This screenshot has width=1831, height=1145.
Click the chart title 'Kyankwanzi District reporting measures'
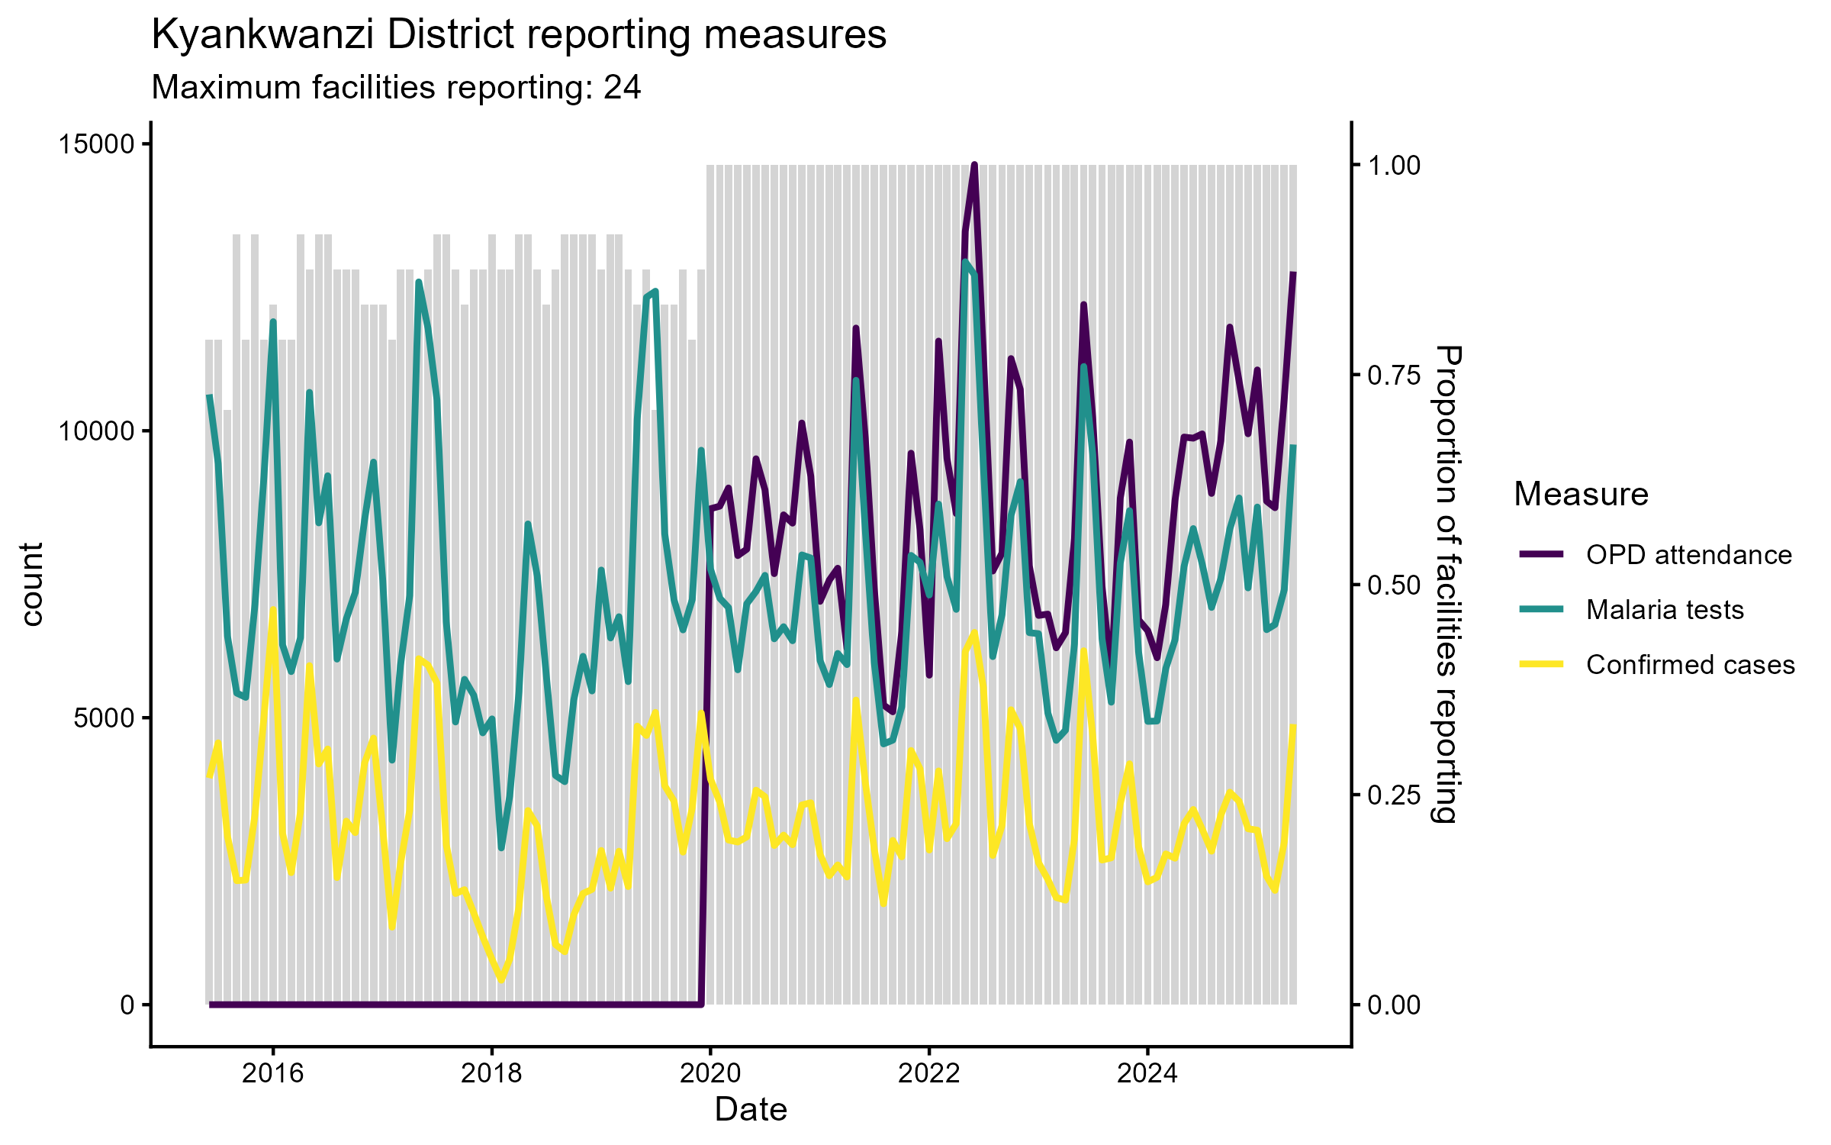pyautogui.click(x=519, y=35)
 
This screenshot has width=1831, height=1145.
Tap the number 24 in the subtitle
pyautogui.click(x=622, y=88)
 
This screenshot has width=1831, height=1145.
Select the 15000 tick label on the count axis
pyautogui.click(x=96, y=144)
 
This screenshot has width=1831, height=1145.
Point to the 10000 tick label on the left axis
pyautogui.click(x=96, y=431)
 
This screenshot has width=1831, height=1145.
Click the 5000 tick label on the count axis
pyautogui.click(x=104, y=718)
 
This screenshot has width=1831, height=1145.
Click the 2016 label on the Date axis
pyautogui.click(x=272, y=1073)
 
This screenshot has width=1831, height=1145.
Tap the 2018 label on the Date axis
pyautogui.click(x=491, y=1073)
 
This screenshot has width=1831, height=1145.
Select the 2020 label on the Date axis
pyautogui.click(x=710, y=1073)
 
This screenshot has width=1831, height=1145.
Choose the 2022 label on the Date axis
pyautogui.click(x=928, y=1073)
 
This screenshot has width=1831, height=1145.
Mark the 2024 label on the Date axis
pyautogui.click(x=1147, y=1073)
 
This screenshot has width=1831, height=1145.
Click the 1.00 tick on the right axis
pyautogui.click(x=1394, y=166)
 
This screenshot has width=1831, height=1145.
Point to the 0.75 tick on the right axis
pyautogui.click(x=1394, y=375)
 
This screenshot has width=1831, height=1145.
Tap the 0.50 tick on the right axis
pyautogui.click(x=1394, y=585)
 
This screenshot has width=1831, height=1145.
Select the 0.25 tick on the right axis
pyautogui.click(x=1394, y=795)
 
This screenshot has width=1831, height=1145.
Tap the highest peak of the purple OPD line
pyautogui.click(x=974, y=165)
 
